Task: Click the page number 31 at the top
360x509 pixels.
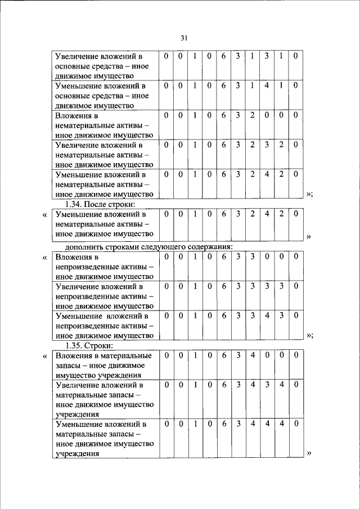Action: [183, 38]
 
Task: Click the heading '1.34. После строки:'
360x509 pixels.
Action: [101, 204]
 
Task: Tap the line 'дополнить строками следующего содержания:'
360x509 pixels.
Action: [148, 246]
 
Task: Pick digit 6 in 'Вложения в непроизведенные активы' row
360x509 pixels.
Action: [223, 256]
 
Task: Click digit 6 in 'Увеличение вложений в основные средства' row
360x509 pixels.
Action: [223, 56]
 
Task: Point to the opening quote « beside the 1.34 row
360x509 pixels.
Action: [44, 215]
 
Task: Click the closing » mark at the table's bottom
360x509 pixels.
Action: [309, 453]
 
